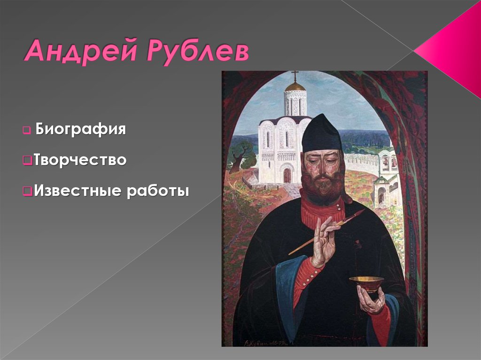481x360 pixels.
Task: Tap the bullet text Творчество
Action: click(80, 160)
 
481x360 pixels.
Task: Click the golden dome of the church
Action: click(295, 87)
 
